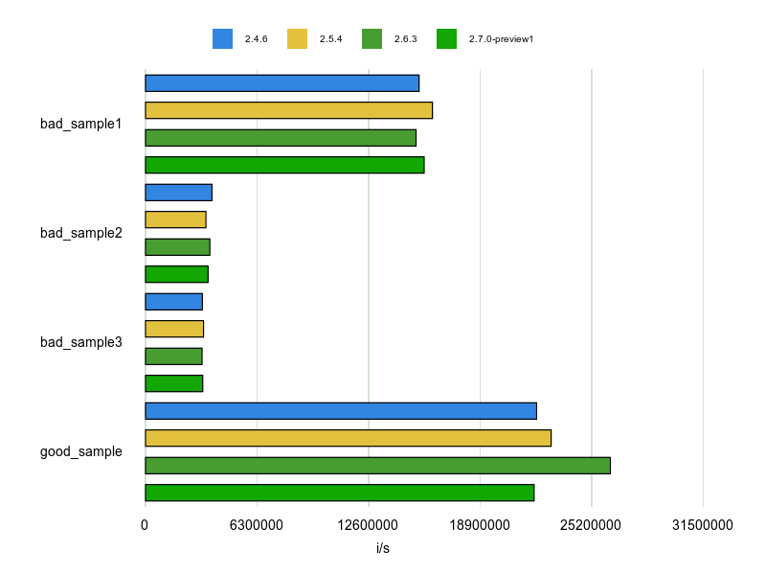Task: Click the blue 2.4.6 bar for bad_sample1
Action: [282, 82]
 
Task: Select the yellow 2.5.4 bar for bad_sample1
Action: [288, 110]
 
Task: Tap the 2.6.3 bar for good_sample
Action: [377, 466]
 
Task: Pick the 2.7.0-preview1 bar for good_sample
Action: [339, 493]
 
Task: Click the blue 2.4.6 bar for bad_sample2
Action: [178, 192]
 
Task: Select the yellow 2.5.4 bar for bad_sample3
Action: [174, 329]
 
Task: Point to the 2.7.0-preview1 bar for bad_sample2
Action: [176, 274]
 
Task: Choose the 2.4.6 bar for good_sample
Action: [340, 411]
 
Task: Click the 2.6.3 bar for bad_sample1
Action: [281, 137]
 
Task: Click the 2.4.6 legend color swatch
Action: [222, 39]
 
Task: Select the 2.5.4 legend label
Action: [330, 39]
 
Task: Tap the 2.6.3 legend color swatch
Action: [372, 39]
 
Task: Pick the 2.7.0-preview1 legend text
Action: [501, 39]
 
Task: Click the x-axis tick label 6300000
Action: [257, 525]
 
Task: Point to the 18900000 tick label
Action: [480, 525]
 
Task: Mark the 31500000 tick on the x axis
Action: [703, 525]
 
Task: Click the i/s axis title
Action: [383, 549]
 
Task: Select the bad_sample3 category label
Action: [81, 342]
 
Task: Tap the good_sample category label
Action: [81, 451]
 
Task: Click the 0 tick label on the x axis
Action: [145, 525]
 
